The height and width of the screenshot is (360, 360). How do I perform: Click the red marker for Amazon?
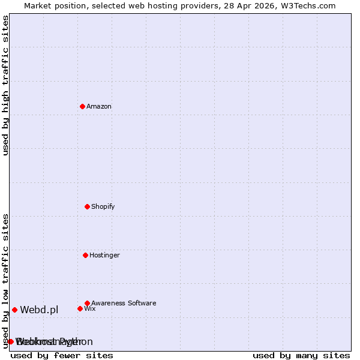[82, 106]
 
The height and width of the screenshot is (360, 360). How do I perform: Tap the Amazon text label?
[99, 107]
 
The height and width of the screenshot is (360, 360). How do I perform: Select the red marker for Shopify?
[87, 206]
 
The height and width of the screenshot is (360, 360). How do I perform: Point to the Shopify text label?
[103, 207]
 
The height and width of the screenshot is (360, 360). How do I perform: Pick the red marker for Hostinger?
[85, 255]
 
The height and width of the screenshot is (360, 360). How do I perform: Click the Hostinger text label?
[105, 256]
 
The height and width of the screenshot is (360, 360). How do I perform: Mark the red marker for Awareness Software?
[87, 303]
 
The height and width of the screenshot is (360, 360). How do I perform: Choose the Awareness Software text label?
[124, 304]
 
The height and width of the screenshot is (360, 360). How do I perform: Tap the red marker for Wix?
[80, 308]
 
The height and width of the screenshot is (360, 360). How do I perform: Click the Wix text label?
[90, 309]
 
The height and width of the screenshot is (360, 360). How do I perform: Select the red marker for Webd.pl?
[14, 310]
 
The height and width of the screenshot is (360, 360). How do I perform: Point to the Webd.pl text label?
[39, 310]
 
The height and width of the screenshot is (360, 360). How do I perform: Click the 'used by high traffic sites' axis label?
[5, 85]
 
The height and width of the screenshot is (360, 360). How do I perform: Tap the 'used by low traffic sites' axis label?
[5, 281]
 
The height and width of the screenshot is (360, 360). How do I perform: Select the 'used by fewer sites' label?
[62, 356]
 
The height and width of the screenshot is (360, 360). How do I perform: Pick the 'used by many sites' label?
[301, 356]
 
